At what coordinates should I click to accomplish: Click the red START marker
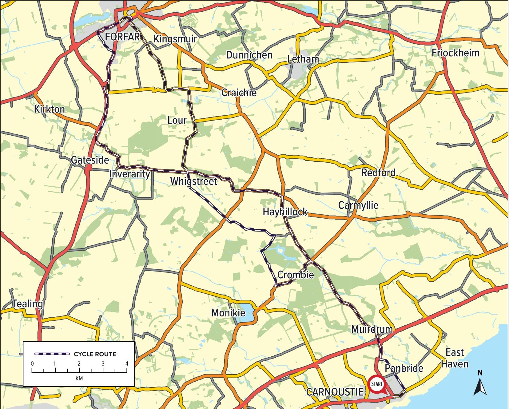[x=377, y=384]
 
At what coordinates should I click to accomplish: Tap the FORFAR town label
[x=122, y=37]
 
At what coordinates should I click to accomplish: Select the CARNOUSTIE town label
[x=335, y=392]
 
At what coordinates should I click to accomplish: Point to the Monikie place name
[x=228, y=313]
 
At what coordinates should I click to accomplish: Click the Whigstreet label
[x=194, y=181]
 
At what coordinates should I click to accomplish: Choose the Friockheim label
[x=455, y=53]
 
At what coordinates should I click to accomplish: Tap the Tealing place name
[x=28, y=304]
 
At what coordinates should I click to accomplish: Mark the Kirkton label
[x=49, y=109]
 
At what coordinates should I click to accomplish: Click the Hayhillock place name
[x=285, y=212]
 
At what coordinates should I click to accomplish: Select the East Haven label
[x=455, y=358]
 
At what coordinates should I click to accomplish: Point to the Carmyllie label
[x=358, y=205]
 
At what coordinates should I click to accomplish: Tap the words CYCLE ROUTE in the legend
[x=95, y=354]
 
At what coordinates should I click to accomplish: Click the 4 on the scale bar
[x=127, y=364]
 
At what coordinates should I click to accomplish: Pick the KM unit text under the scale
[x=79, y=378]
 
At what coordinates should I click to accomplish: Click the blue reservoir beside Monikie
[x=246, y=312]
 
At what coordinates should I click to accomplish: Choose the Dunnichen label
[x=249, y=55]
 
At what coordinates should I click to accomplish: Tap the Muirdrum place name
[x=372, y=329]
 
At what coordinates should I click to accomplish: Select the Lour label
[x=177, y=120]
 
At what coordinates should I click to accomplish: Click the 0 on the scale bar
[x=32, y=364]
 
